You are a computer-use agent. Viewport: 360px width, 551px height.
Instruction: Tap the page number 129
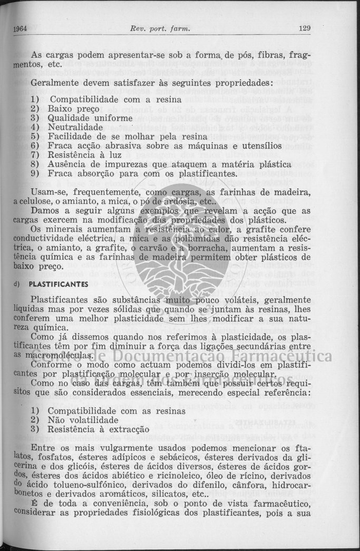tap(304, 28)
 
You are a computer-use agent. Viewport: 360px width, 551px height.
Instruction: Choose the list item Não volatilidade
tap(83, 420)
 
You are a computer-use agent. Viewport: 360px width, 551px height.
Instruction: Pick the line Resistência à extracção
tap(98, 429)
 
